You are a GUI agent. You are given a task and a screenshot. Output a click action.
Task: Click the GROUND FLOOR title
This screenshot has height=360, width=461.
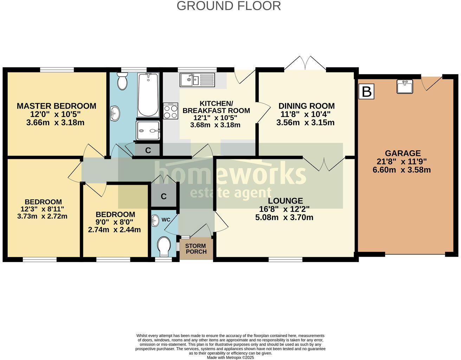(228, 6)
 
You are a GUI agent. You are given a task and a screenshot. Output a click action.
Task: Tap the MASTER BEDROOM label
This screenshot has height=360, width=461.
(56, 106)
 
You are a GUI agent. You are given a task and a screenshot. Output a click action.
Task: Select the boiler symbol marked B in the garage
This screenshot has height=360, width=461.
(366, 92)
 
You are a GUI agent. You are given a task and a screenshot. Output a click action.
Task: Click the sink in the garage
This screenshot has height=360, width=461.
(405, 86)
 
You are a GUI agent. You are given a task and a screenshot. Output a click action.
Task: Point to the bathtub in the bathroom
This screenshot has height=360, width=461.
(148, 95)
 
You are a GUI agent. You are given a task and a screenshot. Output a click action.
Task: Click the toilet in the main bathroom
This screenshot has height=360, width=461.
(122, 81)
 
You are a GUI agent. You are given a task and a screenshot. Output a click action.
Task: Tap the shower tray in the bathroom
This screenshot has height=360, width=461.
(148, 131)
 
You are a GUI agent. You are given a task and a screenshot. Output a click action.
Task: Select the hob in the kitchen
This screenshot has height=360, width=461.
(171, 111)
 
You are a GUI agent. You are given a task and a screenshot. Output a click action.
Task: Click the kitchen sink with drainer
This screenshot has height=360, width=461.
(197, 80)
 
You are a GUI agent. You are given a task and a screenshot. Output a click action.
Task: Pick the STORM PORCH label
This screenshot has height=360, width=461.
(196, 249)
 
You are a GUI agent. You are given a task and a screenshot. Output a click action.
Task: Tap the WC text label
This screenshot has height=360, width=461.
(166, 220)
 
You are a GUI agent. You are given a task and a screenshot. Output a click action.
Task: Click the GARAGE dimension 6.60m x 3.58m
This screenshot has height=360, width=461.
(402, 170)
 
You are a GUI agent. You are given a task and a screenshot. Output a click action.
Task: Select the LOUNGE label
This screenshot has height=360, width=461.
(285, 201)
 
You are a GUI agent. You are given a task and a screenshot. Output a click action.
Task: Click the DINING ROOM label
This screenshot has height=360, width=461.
(306, 106)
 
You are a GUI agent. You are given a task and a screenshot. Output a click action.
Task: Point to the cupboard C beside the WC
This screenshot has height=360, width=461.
(164, 196)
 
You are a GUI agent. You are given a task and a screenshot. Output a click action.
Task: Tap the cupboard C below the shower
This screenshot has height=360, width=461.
(148, 150)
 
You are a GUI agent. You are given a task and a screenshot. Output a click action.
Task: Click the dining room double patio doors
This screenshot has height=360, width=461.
(305, 64)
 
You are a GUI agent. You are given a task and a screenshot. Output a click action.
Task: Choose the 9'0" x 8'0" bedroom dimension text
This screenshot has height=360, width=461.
(115, 222)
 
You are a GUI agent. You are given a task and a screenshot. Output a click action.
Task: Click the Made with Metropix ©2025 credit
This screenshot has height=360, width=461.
(230, 358)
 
